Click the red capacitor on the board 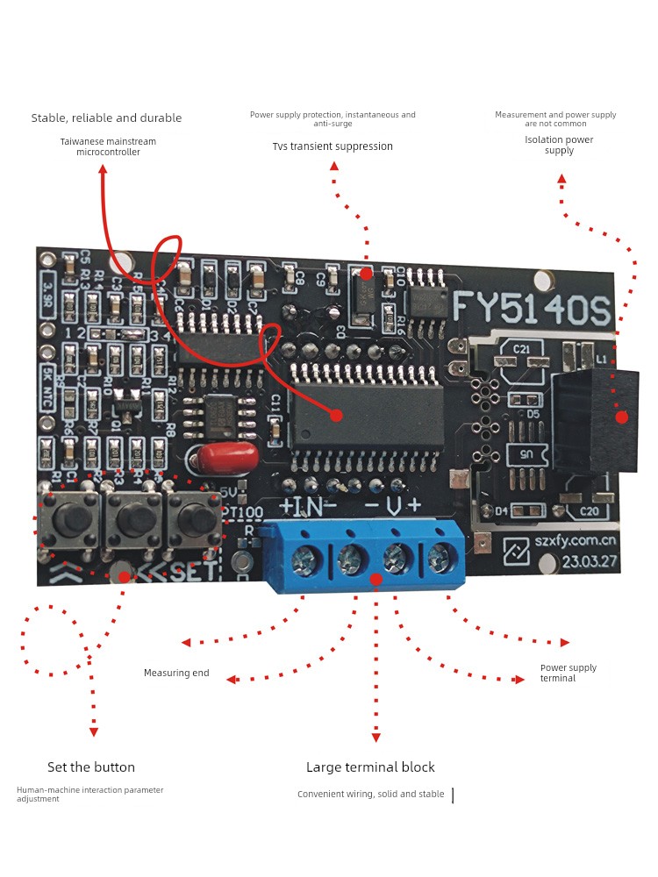(x=227, y=457)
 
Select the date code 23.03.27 (x=589, y=561)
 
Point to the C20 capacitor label (x=589, y=511)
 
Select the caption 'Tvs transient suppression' (x=333, y=146)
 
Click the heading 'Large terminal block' (x=370, y=767)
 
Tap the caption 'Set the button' (x=91, y=767)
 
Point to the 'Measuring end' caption (x=176, y=673)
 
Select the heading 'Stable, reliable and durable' (x=106, y=118)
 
